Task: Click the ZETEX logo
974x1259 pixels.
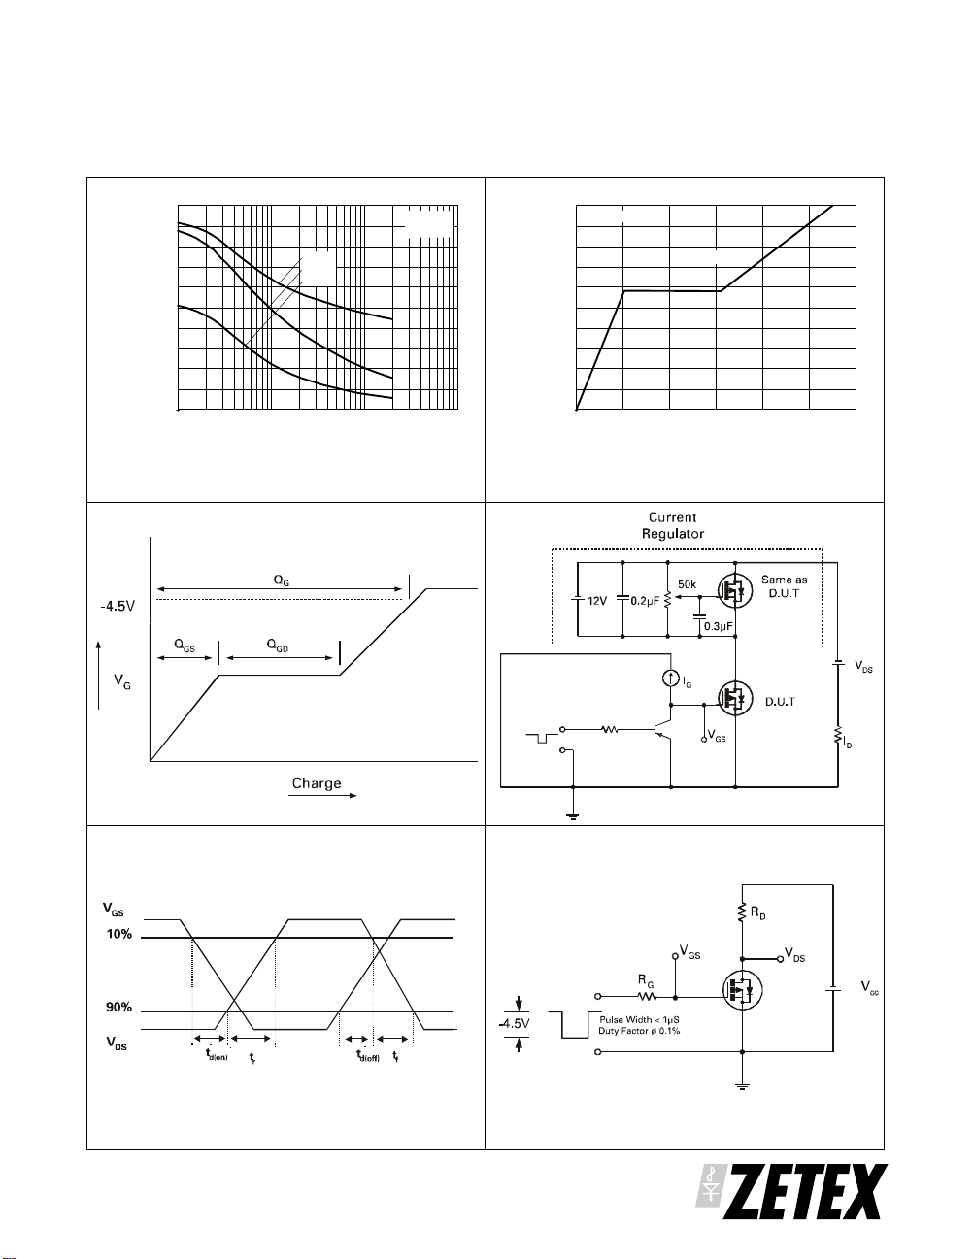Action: pos(791,1192)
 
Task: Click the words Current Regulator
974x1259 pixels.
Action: pos(672,525)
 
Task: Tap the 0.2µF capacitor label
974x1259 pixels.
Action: pos(645,601)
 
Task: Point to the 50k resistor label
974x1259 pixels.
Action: pos(687,585)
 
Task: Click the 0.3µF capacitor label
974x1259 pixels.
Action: pos(718,626)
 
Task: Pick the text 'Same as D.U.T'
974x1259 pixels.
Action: pos(784,586)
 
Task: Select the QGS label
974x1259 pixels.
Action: pos(185,645)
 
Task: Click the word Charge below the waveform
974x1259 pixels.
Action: pos(317,783)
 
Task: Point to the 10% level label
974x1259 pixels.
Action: pos(118,934)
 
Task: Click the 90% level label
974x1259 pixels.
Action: pos(118,1008)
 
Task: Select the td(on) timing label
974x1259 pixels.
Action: pos(216,1056)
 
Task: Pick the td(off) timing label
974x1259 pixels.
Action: pos(367,1056)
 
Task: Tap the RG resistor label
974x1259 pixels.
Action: pos(646,982)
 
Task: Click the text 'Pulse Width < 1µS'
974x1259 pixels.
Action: pos(640,1020)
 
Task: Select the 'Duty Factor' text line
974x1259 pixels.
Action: pos(639,1031)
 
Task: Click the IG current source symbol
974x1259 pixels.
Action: pos(670,679)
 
